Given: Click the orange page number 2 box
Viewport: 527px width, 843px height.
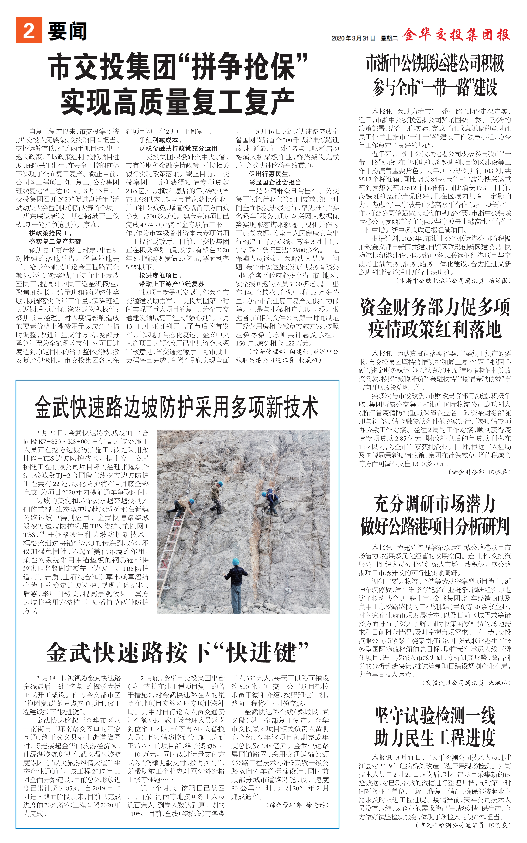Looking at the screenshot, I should click(29, 31).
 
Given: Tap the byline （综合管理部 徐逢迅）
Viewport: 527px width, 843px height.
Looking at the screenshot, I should click(297, 805).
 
